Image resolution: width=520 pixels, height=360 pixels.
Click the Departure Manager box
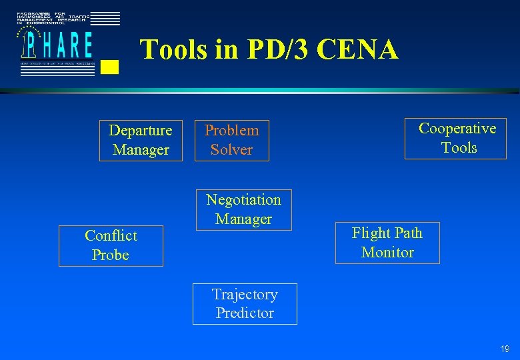click(141, 140)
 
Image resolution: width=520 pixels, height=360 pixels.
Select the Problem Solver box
click(232, 140)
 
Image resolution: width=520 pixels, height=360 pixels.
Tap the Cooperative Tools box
click(455, 138)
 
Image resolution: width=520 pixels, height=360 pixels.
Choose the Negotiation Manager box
click(243, 209)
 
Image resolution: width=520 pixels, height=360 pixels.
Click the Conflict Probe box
click(111, 245)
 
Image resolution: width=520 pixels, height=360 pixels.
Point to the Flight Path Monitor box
click(387, 243)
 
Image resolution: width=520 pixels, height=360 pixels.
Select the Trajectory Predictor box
click(245, 304)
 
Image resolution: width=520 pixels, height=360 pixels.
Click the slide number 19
click(505, 349)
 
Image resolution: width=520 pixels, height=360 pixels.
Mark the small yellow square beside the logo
click(111, 66)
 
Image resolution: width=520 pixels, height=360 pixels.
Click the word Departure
click(141, 130)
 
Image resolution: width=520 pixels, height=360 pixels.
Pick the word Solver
click(232, 150)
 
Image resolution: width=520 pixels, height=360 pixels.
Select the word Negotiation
click(243, 199)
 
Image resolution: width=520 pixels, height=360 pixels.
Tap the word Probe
click(111, 255)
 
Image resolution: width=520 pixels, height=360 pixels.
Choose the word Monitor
click(387, 253)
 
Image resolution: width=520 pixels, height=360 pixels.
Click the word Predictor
click(245, 313)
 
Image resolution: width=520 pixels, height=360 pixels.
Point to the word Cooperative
click(457, 128)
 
